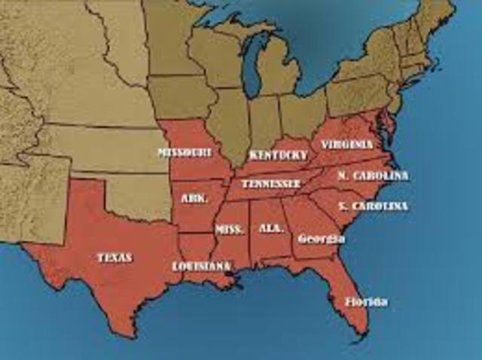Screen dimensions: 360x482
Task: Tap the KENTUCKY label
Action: [279, 155]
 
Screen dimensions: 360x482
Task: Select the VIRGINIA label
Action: [346, 144]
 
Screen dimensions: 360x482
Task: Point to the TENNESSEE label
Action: [271, 183]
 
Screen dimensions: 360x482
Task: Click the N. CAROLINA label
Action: [373, 176]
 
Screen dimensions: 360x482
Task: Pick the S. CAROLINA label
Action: [373, 206]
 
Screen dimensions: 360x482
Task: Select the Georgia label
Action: [322, 239]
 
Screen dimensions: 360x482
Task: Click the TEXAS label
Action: [114, 258]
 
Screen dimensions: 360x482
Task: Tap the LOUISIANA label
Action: [201, 266]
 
